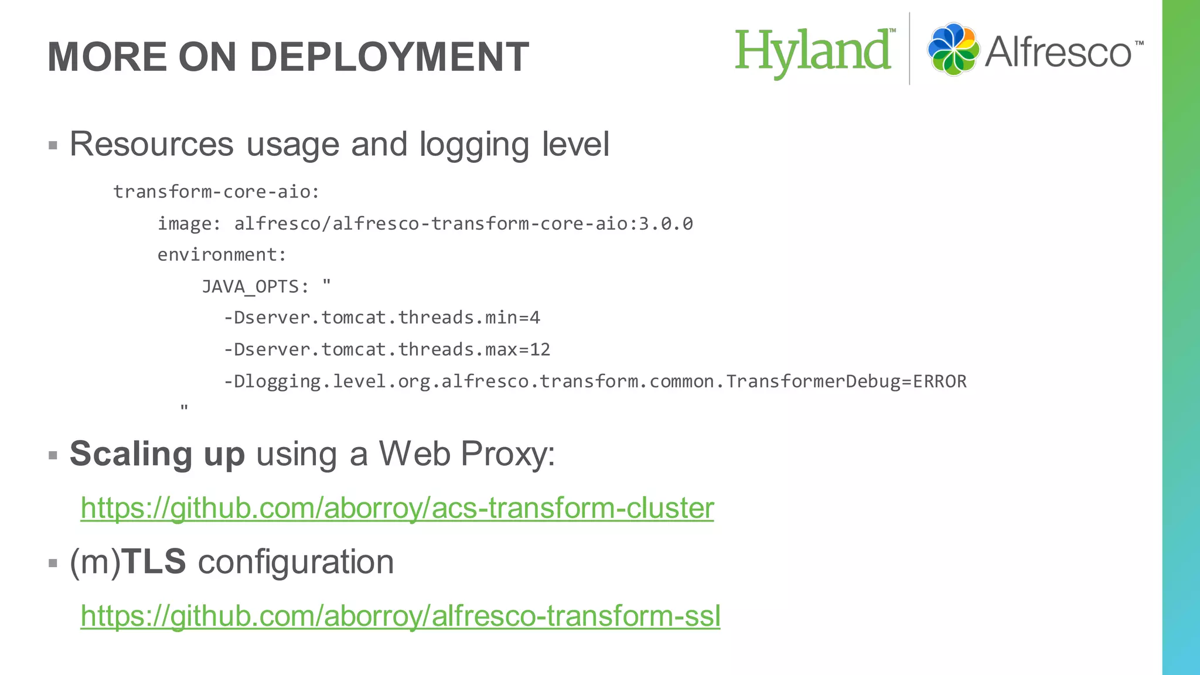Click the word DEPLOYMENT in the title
(389, 57)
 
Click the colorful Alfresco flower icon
(953, 49)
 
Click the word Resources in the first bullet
(151, 144)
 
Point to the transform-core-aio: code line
(216, 192)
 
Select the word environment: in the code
(221, 255)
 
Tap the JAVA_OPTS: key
(255, 287)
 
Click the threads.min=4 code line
(381, 318)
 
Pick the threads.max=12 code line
(387, 350)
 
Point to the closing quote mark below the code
(184, 407)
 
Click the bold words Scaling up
(157, 454)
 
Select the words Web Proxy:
(467, 454)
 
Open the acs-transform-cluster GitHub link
(397, 508)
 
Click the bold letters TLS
(155, 562)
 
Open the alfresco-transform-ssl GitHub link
(400, 616)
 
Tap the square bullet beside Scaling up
(53, 455)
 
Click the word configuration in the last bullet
(296, 562)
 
